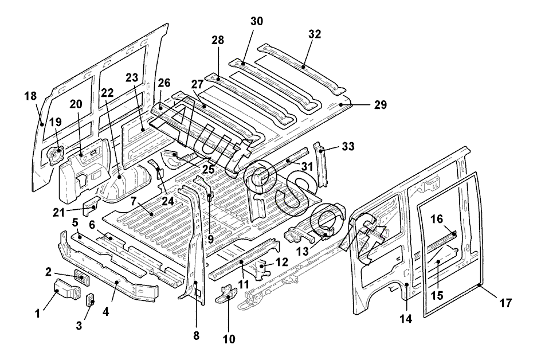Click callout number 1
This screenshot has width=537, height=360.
[x=38, y=313]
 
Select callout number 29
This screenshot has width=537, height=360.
[x=381, y=105]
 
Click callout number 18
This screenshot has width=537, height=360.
[x=30, y=96]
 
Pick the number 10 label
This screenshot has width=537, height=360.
[x=229, y=339]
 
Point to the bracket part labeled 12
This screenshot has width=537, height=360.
[x=262, y=268]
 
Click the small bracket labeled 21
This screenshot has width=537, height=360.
[x=92, y=205]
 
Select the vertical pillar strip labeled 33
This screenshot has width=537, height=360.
[x=322, y=166]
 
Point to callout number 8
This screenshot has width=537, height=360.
[x=197, y=336]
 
